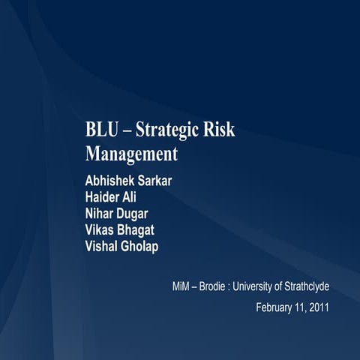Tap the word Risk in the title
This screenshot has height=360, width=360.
click(220, 129)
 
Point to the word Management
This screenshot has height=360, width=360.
click(131, 154)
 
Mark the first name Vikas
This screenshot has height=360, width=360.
click(101, 231)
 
